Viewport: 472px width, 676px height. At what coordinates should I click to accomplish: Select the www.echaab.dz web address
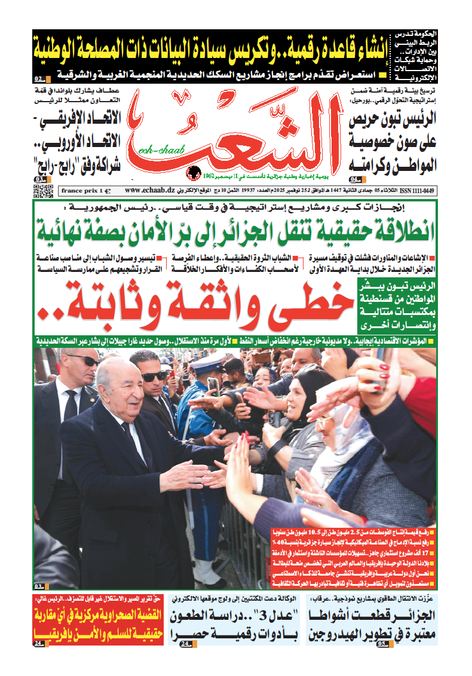[x=149, y=191]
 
